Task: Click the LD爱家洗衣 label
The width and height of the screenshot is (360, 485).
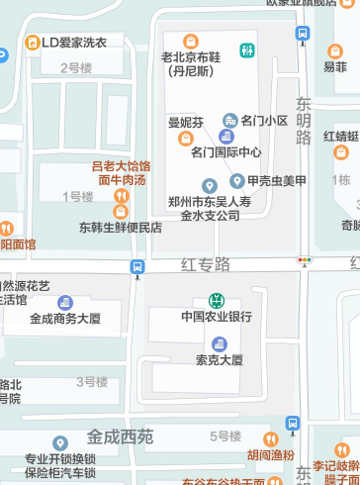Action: coord(74,44)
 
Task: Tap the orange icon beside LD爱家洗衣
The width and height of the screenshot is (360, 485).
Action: coord(33,44)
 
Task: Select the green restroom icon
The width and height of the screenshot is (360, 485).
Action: coord(246,50)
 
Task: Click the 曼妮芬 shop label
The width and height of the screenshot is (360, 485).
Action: coord(185,123)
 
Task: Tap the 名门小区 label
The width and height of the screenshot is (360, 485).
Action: coord(263,121)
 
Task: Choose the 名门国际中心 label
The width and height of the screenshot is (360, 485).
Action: coord(225,151)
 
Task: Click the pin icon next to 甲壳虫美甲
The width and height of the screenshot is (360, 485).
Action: coord(237,181)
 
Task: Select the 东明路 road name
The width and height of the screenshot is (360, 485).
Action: coord(304,124)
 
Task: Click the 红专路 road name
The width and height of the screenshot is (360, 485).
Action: coord(205,264)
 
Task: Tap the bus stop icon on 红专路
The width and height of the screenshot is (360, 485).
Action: coord(137,266)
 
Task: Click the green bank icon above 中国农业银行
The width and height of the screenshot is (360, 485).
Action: coord(217,300)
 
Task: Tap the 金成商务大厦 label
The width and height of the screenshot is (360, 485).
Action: coord(65,319)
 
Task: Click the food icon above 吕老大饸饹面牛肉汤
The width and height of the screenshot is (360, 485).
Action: coord(121,196)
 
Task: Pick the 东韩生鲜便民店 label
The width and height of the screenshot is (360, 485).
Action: coord(121,227)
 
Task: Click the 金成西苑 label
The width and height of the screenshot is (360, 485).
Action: coord(121,436)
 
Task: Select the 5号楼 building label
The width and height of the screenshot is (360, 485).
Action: coord(226,436)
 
